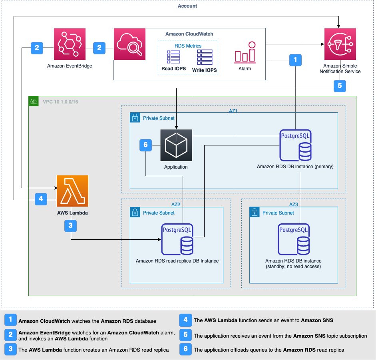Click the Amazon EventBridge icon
(x=70, y=44)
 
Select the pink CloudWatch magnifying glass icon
(x=129, y=44)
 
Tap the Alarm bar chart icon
(x=245, y=52)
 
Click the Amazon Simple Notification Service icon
(x=339, y=44)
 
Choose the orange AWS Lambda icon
(x=73, y=191)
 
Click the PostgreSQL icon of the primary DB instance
(x=295, y=145)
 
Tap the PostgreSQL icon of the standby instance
(x=294, y=239)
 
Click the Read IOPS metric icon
(x=173, y=58)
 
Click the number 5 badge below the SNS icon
(x=340, y=85)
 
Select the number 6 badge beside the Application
(x=145, y=145)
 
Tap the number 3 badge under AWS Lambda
(x=71, y=226)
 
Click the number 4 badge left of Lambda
(x=41, y=199)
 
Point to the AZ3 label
(x=294, y=204)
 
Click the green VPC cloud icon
(x=34, y=101)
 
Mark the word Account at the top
(x=187, y=6)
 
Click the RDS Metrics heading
(x=188, y=46)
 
